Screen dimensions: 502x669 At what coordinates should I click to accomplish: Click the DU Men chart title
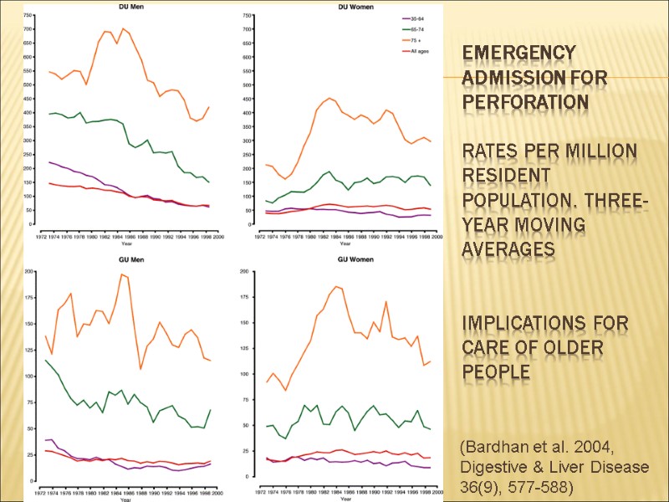click(x=126, y=6)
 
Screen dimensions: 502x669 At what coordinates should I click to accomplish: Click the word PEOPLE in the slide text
click(x=496, y=371)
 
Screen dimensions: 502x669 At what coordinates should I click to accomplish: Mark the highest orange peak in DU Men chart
click(x=123, y=29)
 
